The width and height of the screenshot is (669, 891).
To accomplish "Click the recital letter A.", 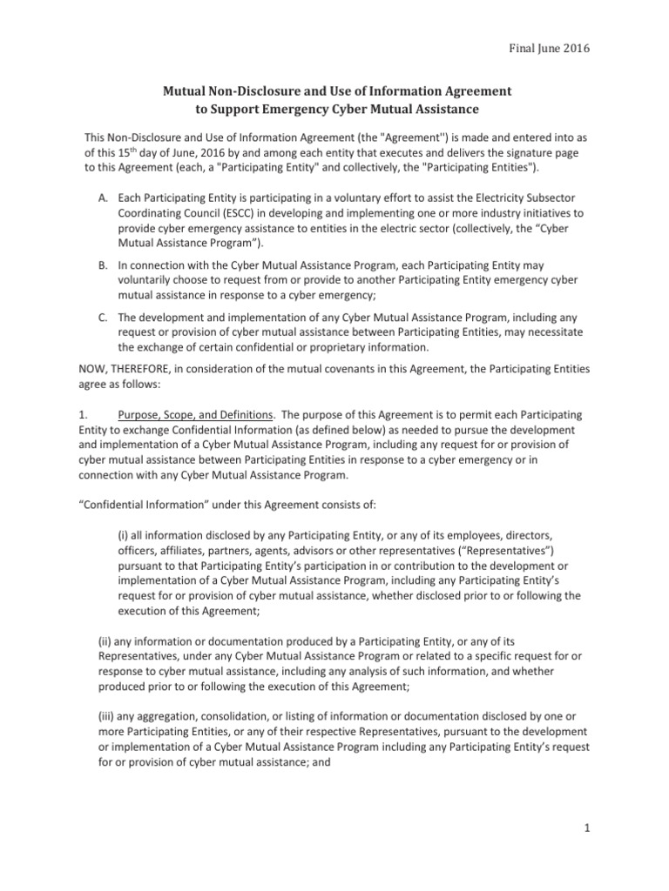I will [x=102, y=199].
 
